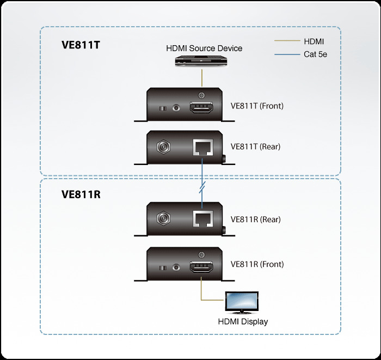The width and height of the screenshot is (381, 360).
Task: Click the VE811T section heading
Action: pos(81,46)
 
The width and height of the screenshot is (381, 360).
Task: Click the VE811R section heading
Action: pos(81,195)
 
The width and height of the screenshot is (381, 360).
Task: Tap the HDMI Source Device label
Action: pos(204,48)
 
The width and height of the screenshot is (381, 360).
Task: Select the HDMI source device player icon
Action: pos(202,62)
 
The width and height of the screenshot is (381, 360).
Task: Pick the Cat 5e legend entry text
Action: pos(315,54)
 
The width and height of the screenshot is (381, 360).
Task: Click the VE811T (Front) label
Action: pos(257,106)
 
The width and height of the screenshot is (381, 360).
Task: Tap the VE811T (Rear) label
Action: pos(255,146)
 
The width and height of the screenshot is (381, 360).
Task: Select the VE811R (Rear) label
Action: pos(255,219)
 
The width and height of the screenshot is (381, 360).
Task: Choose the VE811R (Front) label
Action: pos(257,264)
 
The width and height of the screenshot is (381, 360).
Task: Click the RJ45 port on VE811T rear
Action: pos(202,147)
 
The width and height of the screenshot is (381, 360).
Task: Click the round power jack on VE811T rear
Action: pos(163,147)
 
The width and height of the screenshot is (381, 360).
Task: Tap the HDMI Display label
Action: pos(243,321)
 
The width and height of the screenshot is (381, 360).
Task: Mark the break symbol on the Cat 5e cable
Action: pos(202,188)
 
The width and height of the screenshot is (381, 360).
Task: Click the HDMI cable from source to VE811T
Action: pos(202,77)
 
